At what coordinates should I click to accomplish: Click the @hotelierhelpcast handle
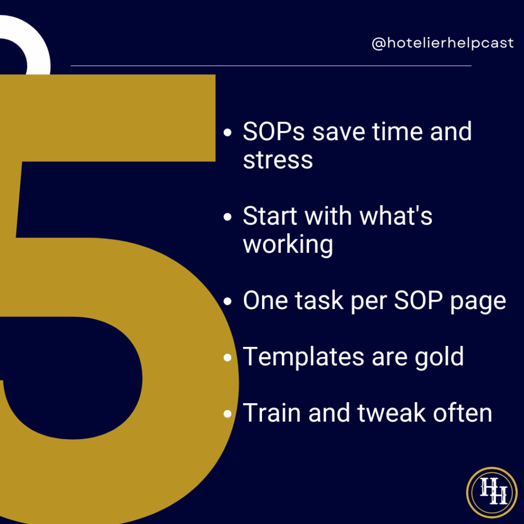click(443, 43)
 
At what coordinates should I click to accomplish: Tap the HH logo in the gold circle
click(492, 492)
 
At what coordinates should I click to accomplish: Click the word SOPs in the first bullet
click(274, 132)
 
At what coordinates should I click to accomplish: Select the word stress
click(278, 160)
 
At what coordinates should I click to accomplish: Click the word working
click(288, 245)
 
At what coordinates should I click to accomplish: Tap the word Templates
click(303, 357)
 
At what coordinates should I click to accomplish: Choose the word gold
click(439, 357)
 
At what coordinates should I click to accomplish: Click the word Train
click(272, 413)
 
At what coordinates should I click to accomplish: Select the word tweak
click(391, 413)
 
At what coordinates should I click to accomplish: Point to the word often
click(463, 413)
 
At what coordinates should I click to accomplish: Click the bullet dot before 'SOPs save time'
click(228, 133)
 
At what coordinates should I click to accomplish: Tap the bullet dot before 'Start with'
click(228, 217)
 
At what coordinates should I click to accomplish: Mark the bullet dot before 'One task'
click(228, 301)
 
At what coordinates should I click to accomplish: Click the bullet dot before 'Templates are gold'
click(228, 358)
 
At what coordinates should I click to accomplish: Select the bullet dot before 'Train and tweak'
click(228, 413)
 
